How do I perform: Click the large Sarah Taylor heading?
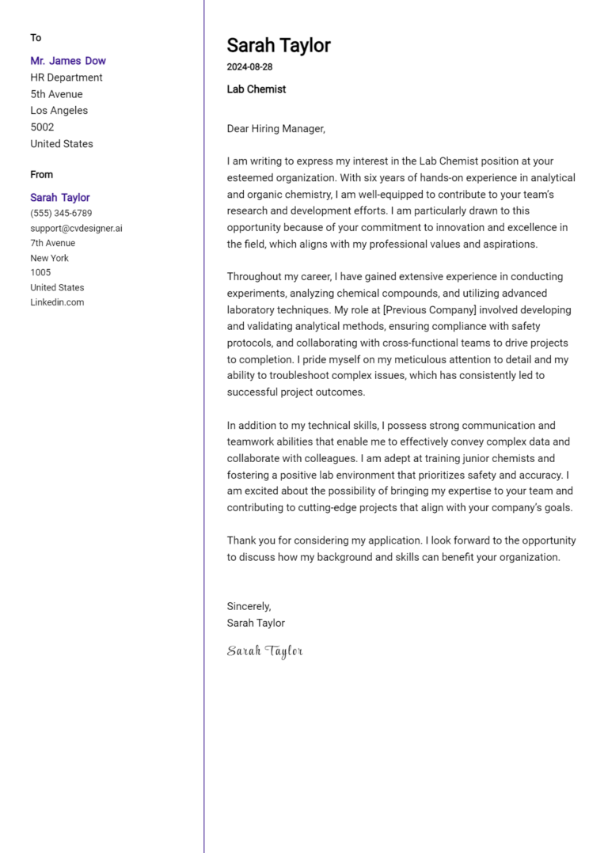[279, 45]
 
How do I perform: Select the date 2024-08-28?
[249, 67]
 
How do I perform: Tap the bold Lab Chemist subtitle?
[256, 89]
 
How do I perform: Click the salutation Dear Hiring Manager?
[275, 128]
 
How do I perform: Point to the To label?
[36, 38]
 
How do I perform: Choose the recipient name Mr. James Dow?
[68, 61]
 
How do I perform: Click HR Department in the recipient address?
[66, 78]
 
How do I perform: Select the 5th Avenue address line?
[56, 94]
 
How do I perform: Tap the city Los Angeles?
[59, 111]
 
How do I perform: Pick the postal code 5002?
[42, 127]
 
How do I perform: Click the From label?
[42, 175]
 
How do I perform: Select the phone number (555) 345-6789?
[61, 214]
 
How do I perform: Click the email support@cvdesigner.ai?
[76, 229]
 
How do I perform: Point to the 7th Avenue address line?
[53, 243]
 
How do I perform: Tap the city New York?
[49, 258]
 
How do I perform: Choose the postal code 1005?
[40, 273]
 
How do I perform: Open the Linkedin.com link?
[57, 302]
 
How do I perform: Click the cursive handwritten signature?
[264, 651]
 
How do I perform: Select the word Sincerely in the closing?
[249, 606]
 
